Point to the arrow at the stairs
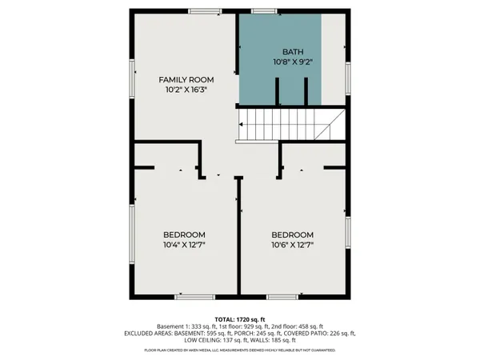(x=242, y=126)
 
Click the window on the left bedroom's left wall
(x=134, y=232)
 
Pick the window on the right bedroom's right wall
(x=347, y=232)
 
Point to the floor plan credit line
(x=239, y=350)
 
